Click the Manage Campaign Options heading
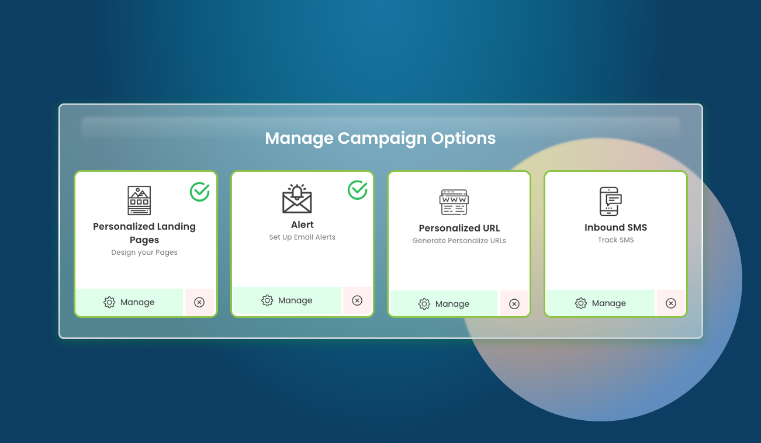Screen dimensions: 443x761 point(380,139)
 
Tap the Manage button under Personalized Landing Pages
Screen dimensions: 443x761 point(129,302)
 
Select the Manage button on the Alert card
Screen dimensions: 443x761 point(286,300)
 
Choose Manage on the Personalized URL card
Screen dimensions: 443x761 point(444,304)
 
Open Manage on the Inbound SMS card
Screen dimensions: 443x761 point(600,303)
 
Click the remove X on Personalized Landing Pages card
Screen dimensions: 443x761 point(199,302)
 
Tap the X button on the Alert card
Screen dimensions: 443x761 point(357,300)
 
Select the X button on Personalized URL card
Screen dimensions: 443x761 point(514,304)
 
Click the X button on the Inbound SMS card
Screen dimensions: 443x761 point(671,303)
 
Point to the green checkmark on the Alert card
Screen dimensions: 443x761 point(358,190)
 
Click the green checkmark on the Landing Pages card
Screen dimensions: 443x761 point(200,192)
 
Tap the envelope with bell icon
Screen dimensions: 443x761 point(297,199)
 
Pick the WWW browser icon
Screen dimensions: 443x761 point(454,202)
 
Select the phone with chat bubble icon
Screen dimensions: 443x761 point(610,202)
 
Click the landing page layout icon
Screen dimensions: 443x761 point(139,200)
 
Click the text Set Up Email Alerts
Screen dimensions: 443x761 point(302,237)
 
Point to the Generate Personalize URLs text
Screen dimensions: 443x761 point(459,241)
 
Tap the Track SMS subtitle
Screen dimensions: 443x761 point(615,240)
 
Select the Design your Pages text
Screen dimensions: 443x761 point(144,253)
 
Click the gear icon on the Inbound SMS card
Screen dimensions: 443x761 point(581,303)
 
